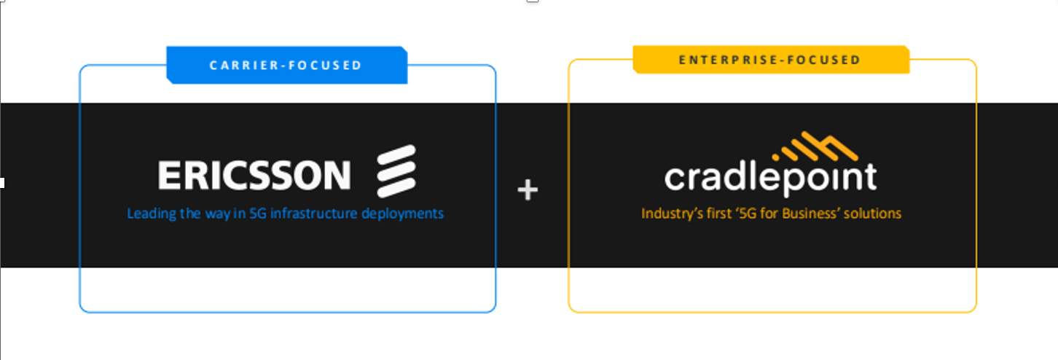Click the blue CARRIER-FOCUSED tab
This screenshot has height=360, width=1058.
pos(286,66)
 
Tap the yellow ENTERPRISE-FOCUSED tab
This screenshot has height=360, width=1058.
pos(770,60)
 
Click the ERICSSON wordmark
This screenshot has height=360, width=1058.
pos(254,176)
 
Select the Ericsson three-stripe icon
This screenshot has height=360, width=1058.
pos(396,171)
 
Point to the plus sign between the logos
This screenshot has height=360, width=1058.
pos(528,190)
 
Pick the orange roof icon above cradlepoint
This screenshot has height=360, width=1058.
pos(815,148)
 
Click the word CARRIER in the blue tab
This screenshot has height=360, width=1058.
pos(244,66)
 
